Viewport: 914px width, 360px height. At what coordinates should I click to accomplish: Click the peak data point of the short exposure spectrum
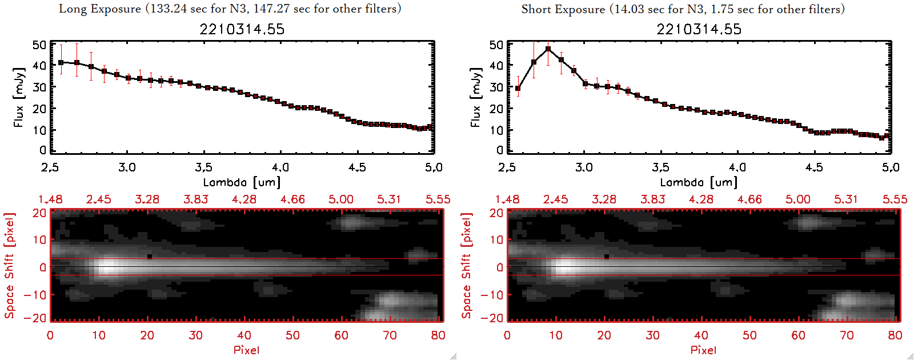pos(548,49)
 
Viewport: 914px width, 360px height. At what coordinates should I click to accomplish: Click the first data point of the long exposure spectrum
pos(61,62)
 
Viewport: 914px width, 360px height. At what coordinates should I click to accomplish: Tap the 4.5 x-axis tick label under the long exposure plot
pos(357,167)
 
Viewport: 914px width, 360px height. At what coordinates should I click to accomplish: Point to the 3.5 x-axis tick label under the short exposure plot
pos(660,167)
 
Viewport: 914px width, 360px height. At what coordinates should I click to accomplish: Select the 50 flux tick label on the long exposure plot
pos(39,45)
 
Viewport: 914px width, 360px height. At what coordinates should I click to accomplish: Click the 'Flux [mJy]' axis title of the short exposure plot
pos(475,97)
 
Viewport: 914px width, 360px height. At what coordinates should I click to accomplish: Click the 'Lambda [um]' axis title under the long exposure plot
pos(242,182)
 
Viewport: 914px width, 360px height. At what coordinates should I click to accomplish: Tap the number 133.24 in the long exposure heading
pos(168,9)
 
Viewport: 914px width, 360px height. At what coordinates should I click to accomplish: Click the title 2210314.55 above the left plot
pos(242,29)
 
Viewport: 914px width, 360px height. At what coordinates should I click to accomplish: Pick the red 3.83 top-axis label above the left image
pos(195,199)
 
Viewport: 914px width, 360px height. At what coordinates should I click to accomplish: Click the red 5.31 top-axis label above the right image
pos(846,199)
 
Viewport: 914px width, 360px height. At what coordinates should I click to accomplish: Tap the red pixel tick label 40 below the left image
pos(244,335)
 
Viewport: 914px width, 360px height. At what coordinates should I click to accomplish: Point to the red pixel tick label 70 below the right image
pos(847,335)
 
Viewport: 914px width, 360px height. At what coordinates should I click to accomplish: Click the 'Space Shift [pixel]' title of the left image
pos(10,266)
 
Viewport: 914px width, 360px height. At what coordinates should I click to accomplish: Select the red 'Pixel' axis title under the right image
pos(703,350)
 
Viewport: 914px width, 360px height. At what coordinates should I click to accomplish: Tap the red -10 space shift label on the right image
pos(492,295)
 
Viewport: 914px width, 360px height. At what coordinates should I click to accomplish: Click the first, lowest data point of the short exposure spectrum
pos(518,89)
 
